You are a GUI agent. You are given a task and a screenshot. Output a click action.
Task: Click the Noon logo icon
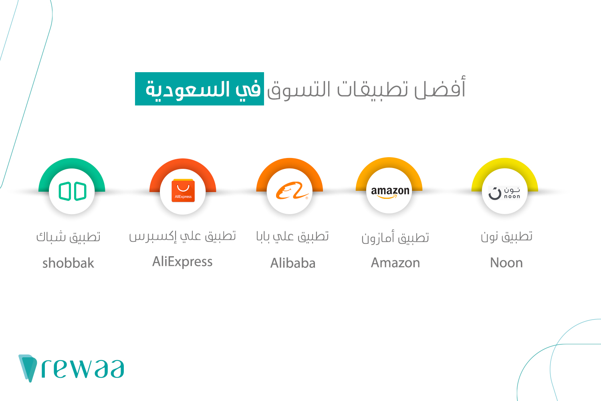[x=504, y=192]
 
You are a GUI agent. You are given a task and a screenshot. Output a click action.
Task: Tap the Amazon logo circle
[x=389, y=191]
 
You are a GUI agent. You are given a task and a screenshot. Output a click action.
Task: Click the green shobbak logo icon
[x=72, y=191]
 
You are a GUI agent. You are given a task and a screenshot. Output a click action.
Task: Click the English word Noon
[x=506, y=263]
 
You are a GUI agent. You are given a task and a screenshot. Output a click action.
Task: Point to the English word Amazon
[x=395, y=263]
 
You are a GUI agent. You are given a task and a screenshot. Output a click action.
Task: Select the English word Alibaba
[x=293, y=263]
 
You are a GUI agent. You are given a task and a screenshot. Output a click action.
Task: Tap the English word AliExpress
[x=182, y=262]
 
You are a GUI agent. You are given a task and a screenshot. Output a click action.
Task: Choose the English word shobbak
[x=68, y=263]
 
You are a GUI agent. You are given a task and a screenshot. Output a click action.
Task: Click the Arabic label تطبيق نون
[x=506, y=237]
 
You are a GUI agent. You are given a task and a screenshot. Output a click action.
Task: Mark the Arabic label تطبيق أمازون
[x=395, y=238]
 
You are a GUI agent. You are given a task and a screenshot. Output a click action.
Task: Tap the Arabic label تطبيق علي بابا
[x=292, y=237]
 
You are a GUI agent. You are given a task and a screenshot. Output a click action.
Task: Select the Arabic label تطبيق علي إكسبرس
[x=182, y=237]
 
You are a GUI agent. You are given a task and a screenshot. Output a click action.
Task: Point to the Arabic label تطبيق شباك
[x=68, y=237]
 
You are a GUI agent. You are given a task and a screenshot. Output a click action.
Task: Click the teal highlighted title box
[x=199, y=89]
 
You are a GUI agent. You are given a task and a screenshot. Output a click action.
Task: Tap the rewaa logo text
[x=83, y=369]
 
